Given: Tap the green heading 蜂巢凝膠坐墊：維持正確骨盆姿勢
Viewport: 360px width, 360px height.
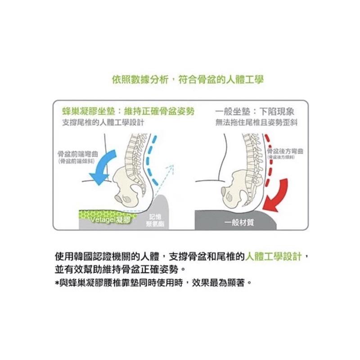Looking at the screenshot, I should click(x=128, y=112).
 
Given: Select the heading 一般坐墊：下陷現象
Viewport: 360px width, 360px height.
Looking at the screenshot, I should click(x=255, y=112).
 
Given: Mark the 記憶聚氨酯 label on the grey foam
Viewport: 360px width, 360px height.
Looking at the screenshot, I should click(x=154, y=220).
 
